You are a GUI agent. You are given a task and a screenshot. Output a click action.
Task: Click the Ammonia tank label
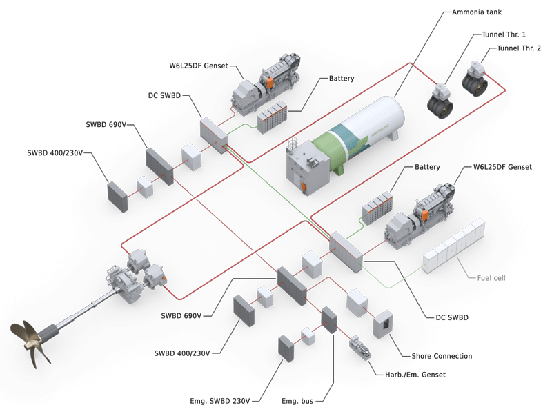pos(475,12)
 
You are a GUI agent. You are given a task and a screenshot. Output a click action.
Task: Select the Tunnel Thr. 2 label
pos(519,48)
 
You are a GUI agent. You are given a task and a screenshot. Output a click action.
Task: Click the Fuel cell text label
pos(491,278)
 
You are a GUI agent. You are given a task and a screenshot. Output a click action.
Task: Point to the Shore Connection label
pos(442,356)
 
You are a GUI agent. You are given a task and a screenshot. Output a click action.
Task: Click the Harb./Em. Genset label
pos(415,375)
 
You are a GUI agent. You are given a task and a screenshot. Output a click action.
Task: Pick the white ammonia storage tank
pos(359,138)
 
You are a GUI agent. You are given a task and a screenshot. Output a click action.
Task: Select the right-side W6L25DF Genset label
pos(502,167)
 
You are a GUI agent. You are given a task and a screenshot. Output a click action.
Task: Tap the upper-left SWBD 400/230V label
pos(55,152)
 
